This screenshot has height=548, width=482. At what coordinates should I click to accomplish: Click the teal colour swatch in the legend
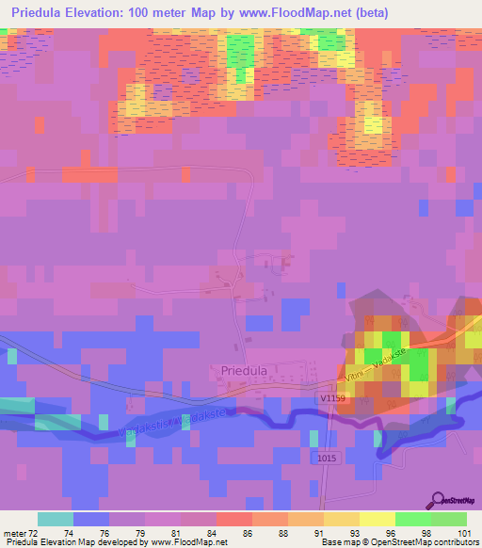[56, 519]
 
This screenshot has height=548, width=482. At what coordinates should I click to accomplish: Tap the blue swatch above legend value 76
[91, 519]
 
